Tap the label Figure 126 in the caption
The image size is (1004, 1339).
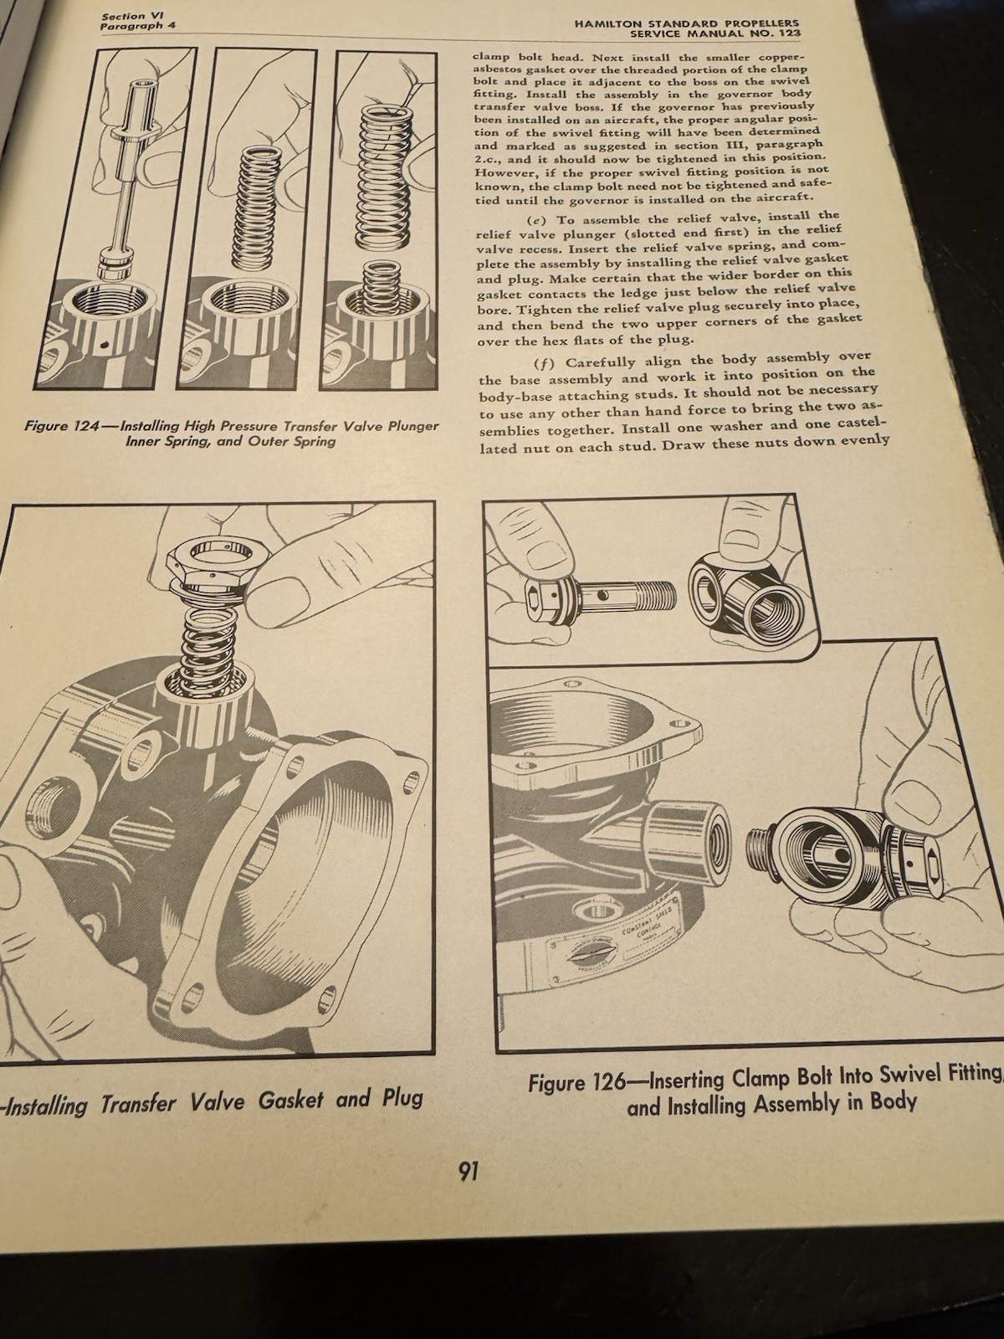point(576,1083)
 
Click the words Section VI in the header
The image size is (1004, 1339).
point(125,16)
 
